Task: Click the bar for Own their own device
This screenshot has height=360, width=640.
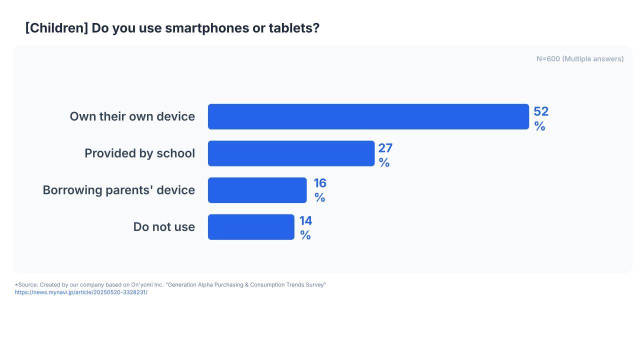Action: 368,116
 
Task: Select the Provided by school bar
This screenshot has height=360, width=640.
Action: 291,153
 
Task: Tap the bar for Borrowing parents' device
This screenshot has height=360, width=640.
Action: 257,190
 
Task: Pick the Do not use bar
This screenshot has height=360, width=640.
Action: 251,227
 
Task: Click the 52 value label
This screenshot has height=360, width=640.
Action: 541,111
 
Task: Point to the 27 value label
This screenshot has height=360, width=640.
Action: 385,148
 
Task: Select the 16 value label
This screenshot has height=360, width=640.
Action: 320,183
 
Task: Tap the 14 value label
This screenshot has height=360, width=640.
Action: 305,221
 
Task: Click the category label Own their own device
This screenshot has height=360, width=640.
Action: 132,116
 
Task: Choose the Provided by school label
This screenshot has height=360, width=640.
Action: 139,153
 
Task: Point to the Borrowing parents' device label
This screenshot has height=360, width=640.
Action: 119,190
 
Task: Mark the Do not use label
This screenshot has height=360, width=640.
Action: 164,227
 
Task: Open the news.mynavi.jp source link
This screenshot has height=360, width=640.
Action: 81,292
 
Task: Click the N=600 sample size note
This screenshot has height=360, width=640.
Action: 580,59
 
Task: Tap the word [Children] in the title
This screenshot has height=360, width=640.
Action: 56,28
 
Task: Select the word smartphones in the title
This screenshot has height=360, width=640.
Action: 207,28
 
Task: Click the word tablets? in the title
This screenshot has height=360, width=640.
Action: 294,28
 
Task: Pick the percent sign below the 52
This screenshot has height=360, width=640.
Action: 539,126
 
